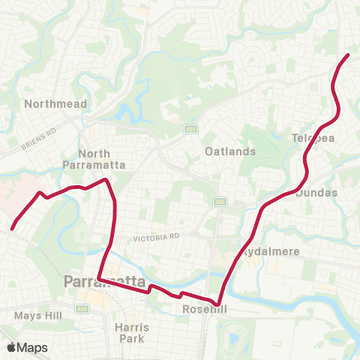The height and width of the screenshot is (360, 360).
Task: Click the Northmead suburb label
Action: (x=55, y=103)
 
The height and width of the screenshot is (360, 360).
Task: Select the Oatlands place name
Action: (x=230, y=151)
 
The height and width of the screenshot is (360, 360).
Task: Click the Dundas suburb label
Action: (x=317, y=193)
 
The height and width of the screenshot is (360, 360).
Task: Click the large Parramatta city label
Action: (x=105, y=282)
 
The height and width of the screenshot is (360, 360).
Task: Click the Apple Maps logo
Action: (x=26, y=347)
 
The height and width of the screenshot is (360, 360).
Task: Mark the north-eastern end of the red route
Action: (x=348, y=55)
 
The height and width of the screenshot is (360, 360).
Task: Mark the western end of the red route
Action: (x=13, y=228)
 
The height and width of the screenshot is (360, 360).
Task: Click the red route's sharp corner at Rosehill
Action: (x=218, y=306)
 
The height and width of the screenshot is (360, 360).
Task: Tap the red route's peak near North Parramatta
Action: (x=107, y=180)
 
